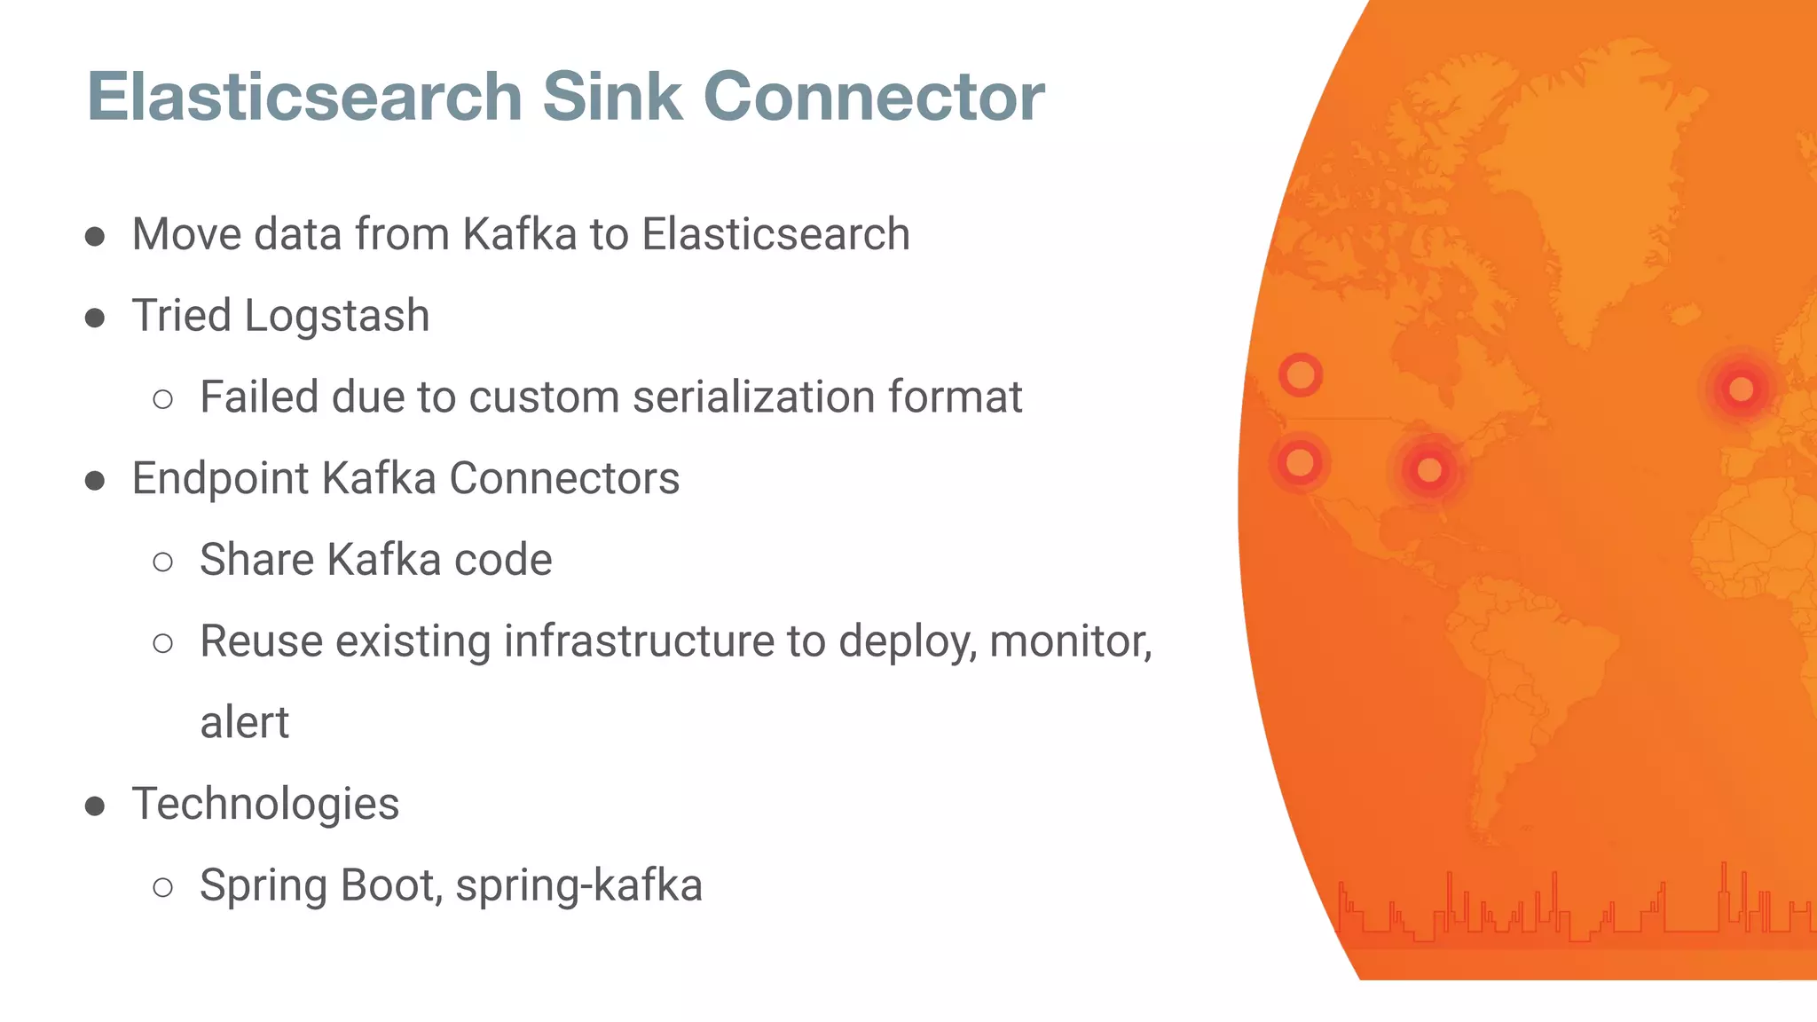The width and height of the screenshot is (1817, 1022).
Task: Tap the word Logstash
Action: click(x=337, y=316)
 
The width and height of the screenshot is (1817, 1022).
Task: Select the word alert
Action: click(x=244, y=723)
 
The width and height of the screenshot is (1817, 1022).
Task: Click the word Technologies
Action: click(x=265, y=804)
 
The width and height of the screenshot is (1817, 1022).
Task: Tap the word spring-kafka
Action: click(x=578, y=885)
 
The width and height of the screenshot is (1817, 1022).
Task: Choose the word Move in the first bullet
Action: click(x=186, y=235)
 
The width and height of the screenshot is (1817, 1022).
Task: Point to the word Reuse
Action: click(x=261, y=641)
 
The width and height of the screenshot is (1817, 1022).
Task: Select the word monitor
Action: click(x=1068, y=641)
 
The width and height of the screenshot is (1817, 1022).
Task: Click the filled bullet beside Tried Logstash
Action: click(x=95, y=318)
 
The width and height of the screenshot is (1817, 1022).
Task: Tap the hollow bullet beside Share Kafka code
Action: click(x=162, y=562)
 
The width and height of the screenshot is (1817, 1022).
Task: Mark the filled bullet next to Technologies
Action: click(x=95, y=806)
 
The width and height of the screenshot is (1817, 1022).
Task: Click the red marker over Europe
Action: click(x=1741, y=389)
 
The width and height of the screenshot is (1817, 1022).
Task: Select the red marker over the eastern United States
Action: click(x=1428, y=469)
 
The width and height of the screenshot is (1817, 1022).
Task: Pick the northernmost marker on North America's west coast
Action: click(x=1301, y=374)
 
